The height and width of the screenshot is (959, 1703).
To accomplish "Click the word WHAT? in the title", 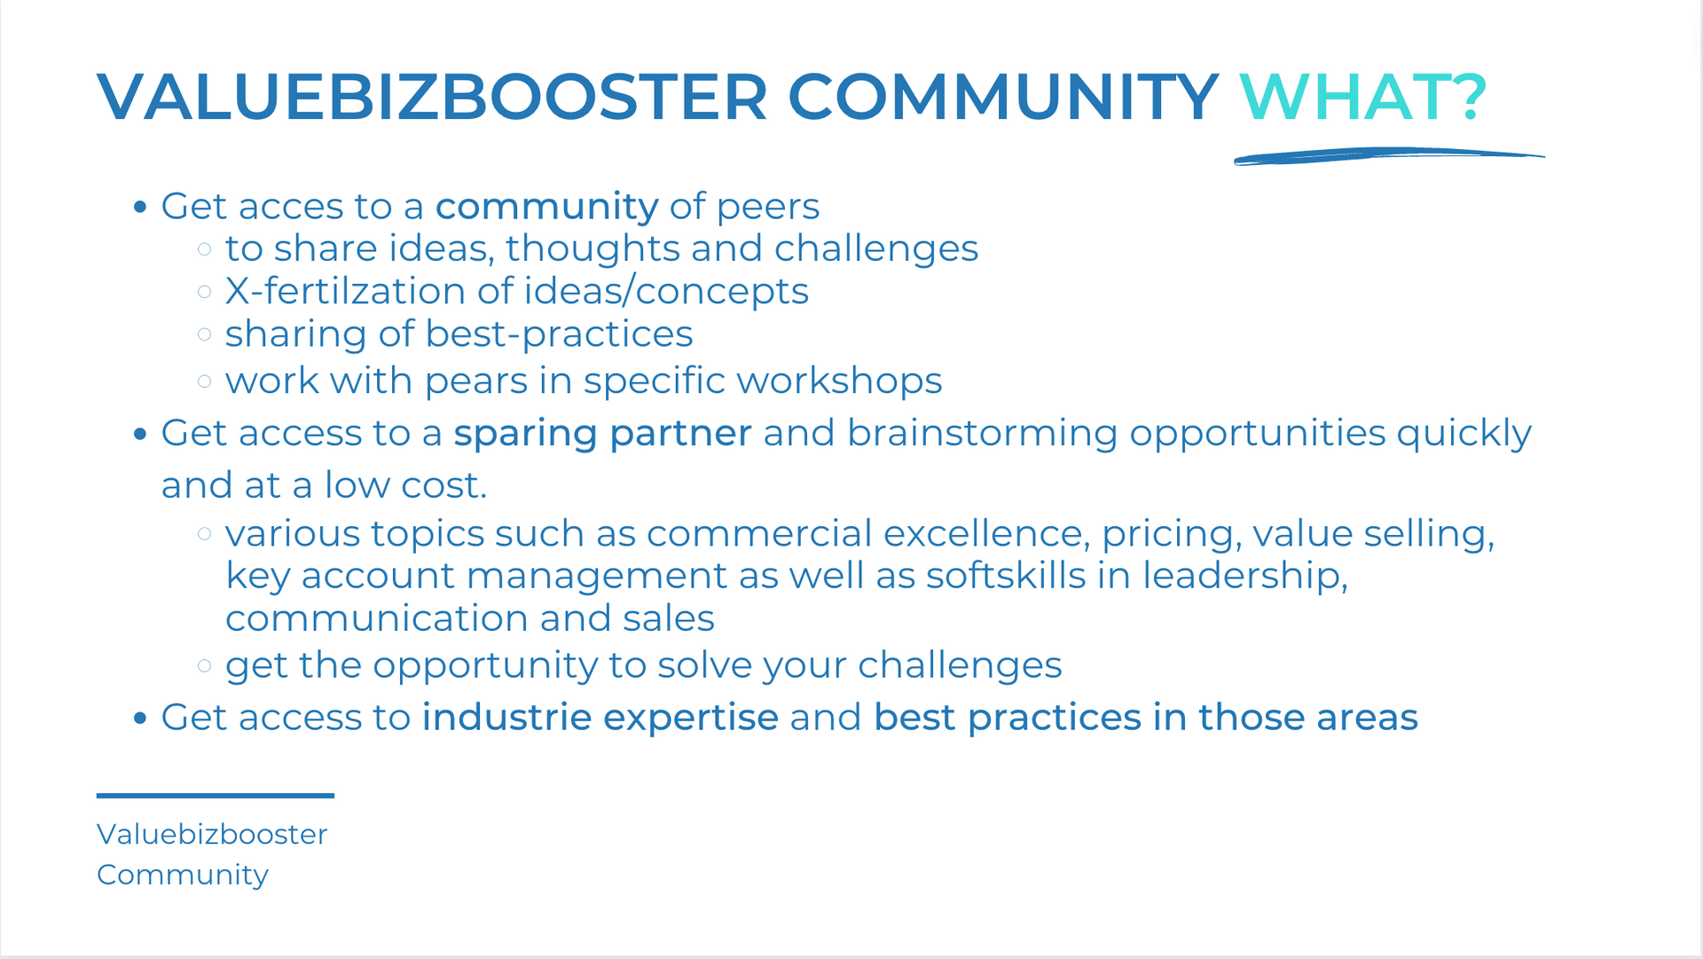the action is pyautogui.click(x=1363, y=97).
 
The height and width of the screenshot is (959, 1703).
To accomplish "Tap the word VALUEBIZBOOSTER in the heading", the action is pyautogui.click(x=432, y=97).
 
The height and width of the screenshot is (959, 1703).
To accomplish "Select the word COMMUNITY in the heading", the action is pyautogui.click(x=1003, y=97).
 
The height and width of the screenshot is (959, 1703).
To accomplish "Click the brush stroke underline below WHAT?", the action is pyautogui.click(x=1389, y=156).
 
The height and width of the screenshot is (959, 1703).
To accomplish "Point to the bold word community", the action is pyautogui.click(x=546, y=208).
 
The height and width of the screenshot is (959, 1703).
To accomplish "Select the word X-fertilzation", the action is pyautogui.click(x=345, y=291).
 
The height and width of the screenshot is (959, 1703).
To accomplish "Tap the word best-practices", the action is pyautogui.click(x=559, y=334).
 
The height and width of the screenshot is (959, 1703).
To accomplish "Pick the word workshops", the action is pyautogui.click(x=838, y=381).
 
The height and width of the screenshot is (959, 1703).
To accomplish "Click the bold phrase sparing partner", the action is pyautogui.click(x=602, y=434).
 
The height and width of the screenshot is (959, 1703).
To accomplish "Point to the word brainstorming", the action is pyautogui.click(x=982, y=434).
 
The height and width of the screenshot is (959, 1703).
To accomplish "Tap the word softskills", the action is pyautogui.click(x=1006, y=576).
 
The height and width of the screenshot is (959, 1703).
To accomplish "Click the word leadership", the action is pyautogui.click(x=1244, y=577).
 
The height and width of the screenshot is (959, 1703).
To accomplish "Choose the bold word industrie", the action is pyautogui.click(x=506, y=717).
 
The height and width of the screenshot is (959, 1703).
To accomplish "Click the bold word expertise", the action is pyautogui.click(x=691, y=719).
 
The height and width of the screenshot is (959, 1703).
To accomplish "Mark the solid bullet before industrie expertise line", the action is pyautogui.click(x=139, y=718).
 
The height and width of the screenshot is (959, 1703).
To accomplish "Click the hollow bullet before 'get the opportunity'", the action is pyautogui.click(x=205, y=665).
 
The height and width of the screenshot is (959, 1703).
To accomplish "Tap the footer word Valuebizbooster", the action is pyautogui.click(x=212, y=834).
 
